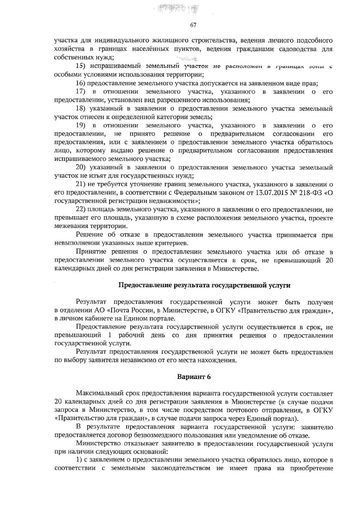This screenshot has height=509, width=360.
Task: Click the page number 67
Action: (x=193, y=25)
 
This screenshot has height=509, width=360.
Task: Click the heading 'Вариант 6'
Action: (x=194, y=377)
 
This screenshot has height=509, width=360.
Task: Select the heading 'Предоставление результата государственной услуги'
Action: (x=205, y=285)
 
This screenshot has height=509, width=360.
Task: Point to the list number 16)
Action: (x=82, y=83)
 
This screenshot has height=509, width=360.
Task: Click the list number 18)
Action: (x=82, y=109)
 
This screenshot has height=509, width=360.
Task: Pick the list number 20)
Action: (x=82, y=167)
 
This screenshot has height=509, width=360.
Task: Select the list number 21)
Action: (x=82, y=184)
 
